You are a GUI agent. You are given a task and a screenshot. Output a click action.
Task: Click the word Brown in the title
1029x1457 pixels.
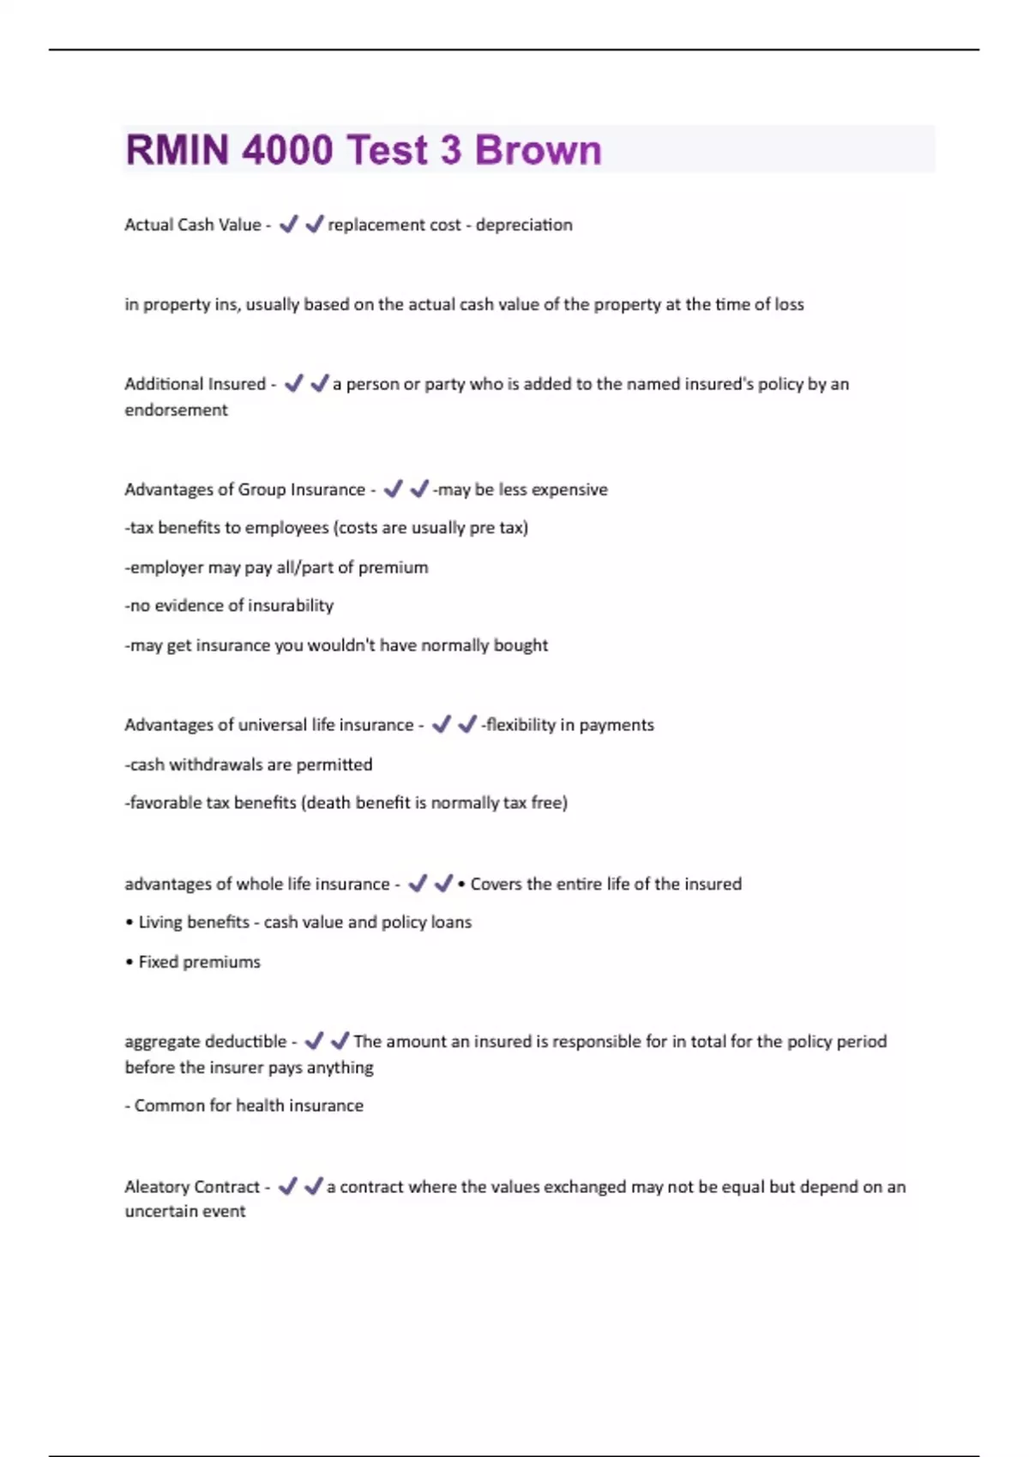point(538,150)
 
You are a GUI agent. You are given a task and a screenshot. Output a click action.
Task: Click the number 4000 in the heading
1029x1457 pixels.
point(287,150)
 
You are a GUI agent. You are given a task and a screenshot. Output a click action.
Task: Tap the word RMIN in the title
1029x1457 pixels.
point(178,150)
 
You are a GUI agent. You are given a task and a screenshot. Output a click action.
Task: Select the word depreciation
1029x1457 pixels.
point(524,225)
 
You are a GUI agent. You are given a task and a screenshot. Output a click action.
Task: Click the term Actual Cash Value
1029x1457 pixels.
point(193,225)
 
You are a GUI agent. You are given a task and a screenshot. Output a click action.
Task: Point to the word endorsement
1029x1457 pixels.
point(177,410)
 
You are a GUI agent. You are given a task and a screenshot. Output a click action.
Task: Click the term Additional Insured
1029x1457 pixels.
point(196,384)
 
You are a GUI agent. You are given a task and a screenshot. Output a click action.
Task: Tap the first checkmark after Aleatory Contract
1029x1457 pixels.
point(288,1186)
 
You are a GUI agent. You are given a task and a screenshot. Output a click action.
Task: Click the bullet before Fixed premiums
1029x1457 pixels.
point(129,962)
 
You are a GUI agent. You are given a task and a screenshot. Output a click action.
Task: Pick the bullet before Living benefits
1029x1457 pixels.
point(129,923)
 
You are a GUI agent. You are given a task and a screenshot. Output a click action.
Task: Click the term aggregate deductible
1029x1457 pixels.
point(206,1041)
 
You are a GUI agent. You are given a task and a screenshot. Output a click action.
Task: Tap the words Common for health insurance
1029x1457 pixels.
point(249,1106)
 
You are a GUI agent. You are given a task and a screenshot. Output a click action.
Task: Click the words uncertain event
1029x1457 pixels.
point(185,1211)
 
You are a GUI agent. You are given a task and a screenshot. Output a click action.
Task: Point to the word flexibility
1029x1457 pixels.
point(521,725)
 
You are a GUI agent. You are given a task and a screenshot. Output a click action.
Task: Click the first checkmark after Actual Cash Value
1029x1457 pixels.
point(289,225)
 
